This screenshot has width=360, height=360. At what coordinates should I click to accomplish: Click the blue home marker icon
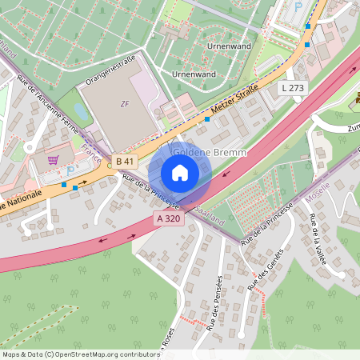pyautogui.click(x=180, y=173)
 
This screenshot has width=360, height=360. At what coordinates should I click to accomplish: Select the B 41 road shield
pyautogui.click(x=124, y=162)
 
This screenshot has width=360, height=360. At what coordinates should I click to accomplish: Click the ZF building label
pyautogui.click(x=124, y=103)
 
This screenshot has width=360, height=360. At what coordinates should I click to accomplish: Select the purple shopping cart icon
pyautogui.click(x=53, y=159)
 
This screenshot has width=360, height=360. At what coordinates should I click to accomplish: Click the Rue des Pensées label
pyautogui.click(x=212, y=302)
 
